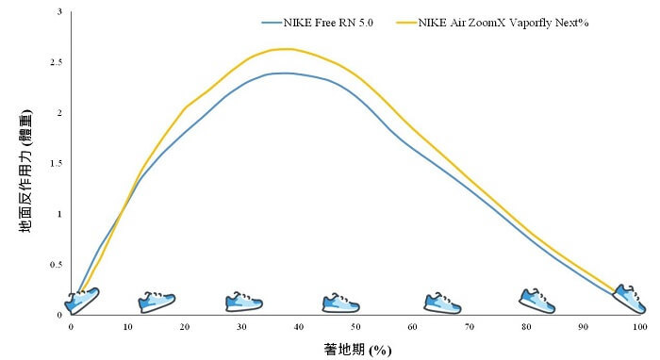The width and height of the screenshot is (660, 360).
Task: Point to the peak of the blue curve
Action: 283,73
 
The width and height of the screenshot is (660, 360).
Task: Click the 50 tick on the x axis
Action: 355,326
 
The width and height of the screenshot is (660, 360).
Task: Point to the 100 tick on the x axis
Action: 640,326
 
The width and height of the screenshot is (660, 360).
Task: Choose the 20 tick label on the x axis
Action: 185,326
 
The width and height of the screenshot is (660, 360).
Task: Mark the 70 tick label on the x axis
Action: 470,326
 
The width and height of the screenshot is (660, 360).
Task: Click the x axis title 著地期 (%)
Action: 355,349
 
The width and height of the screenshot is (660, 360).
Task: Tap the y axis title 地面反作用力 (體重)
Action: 27,169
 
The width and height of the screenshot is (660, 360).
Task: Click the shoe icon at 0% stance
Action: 81,301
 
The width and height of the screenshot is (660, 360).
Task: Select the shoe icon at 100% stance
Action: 630,299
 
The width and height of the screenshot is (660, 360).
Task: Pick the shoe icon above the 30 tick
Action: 243,302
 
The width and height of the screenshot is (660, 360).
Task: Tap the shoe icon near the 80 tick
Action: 537,301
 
